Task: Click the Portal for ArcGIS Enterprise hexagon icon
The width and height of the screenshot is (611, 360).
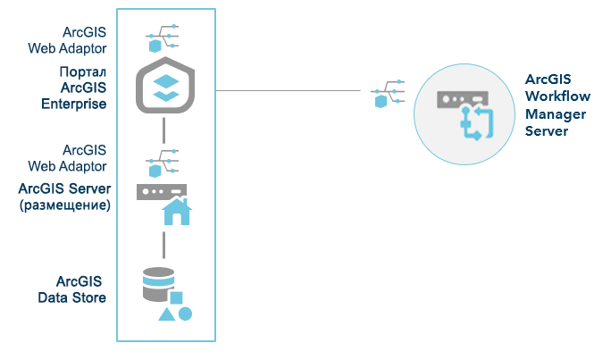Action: pos(164,87)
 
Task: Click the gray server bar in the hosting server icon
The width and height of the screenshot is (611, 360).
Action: pos(162,191)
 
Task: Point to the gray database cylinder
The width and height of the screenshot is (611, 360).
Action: pos(159,283)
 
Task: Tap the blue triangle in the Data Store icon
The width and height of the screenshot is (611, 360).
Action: pos(166,314)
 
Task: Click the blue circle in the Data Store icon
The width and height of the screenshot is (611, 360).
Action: pos(185,314)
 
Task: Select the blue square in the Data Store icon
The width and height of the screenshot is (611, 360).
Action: pos(177,297)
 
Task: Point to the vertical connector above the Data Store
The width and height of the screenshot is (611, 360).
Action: pos(164,243)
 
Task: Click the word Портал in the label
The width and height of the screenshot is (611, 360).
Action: pos(85,72)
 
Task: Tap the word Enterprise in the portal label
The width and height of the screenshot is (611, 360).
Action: pos(74,104)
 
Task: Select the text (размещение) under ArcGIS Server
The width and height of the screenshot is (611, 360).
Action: pos(64,205)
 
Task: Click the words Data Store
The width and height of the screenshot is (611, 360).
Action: pos(72,297)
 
